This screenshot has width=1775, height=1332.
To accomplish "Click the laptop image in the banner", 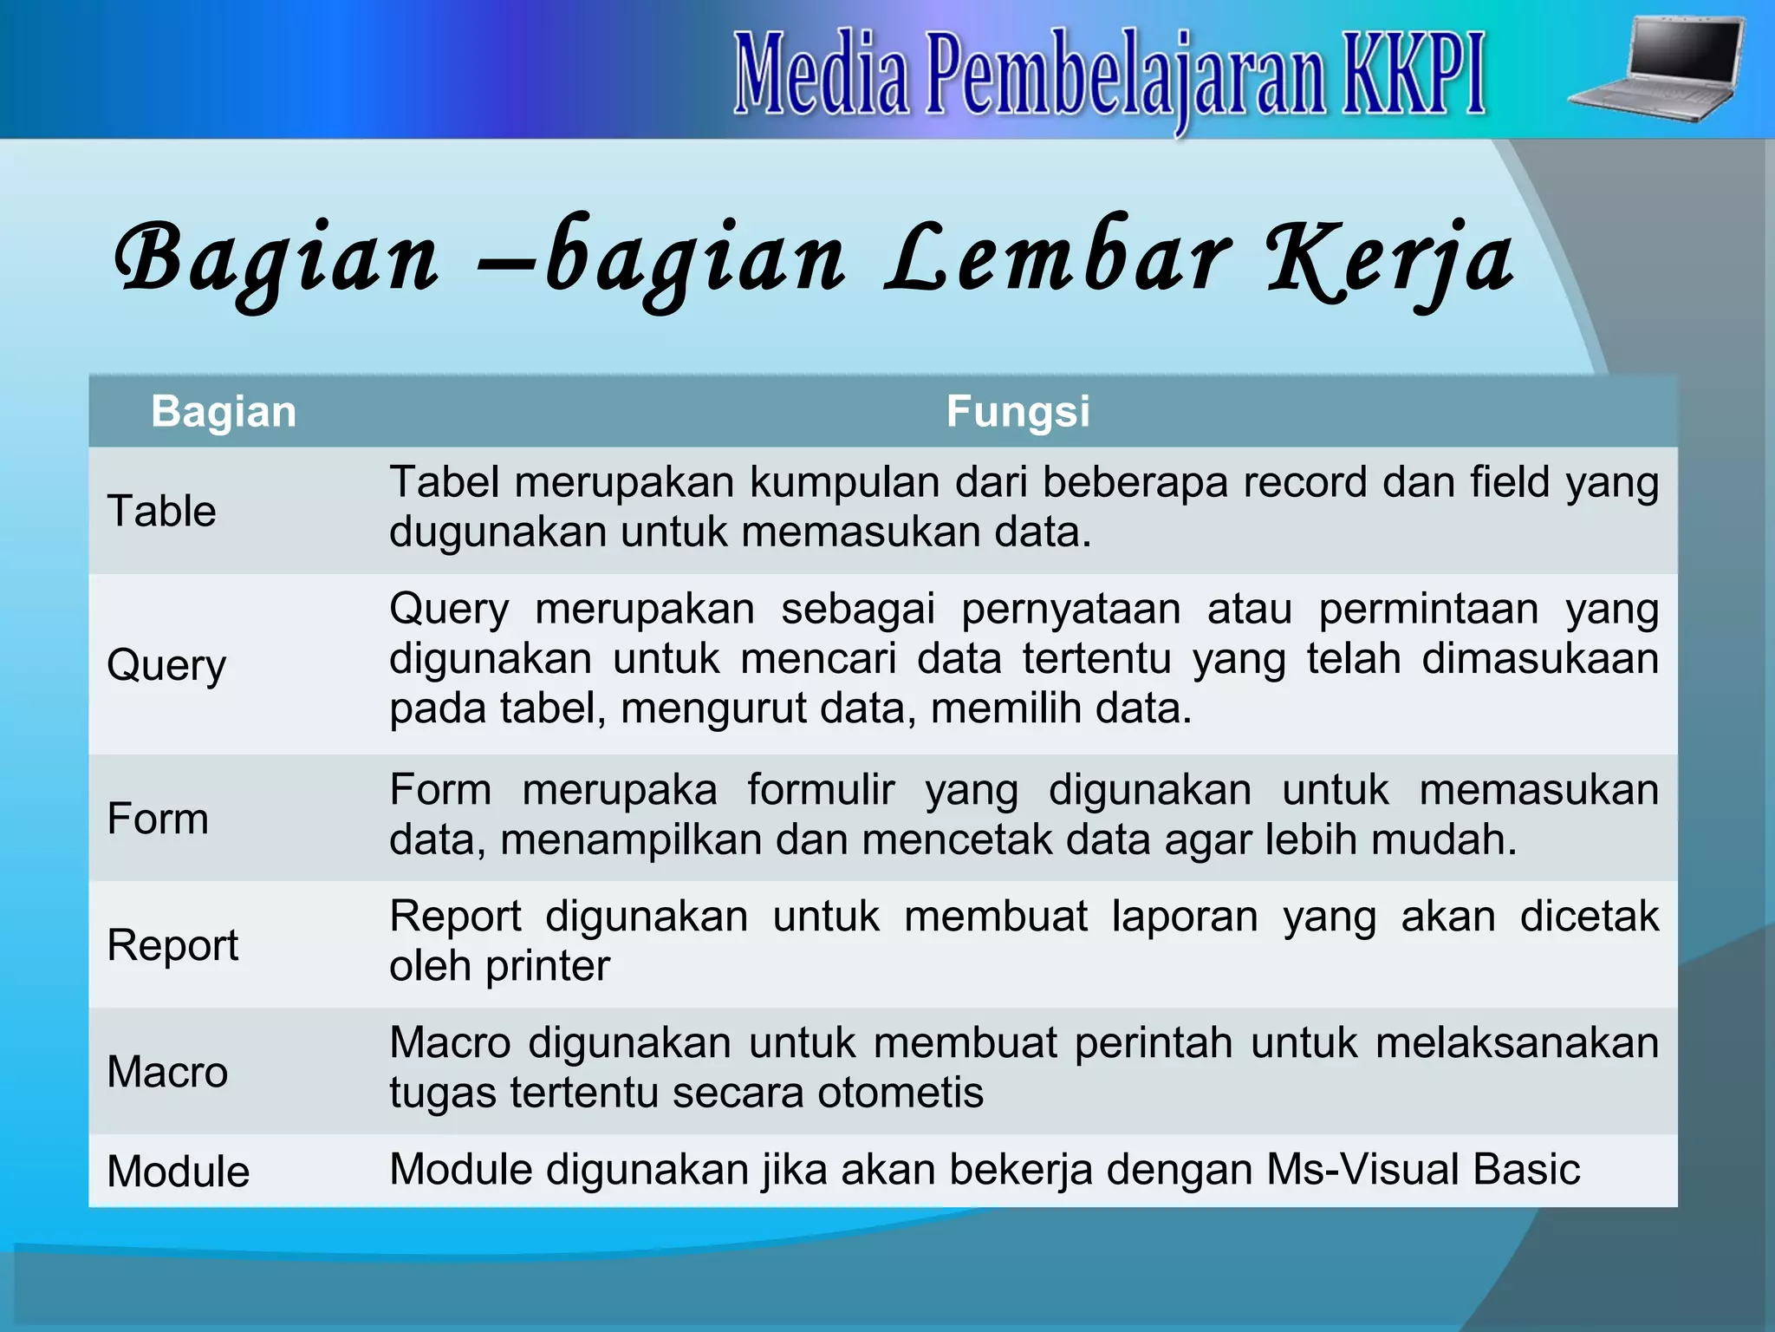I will [x=1657, y=69].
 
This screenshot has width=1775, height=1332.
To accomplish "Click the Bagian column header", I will [x=224, y=411].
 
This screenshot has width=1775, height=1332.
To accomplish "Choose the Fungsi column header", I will [x=1018, y=411].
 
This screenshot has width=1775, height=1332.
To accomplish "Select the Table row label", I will [x=161, y=510].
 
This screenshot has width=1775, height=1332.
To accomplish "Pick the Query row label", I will [x=166, y=666].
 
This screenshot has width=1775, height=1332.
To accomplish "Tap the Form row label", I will [x=158, y=818].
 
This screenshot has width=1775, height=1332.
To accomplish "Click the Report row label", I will [x=172, y=944].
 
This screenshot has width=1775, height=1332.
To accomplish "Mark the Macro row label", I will [x=167, y=1071].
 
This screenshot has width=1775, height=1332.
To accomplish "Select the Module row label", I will [x=179, y=1171].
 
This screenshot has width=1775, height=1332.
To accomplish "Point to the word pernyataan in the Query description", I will [x=1070, y=609].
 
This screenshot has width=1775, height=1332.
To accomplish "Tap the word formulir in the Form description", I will [x=821, y=790].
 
